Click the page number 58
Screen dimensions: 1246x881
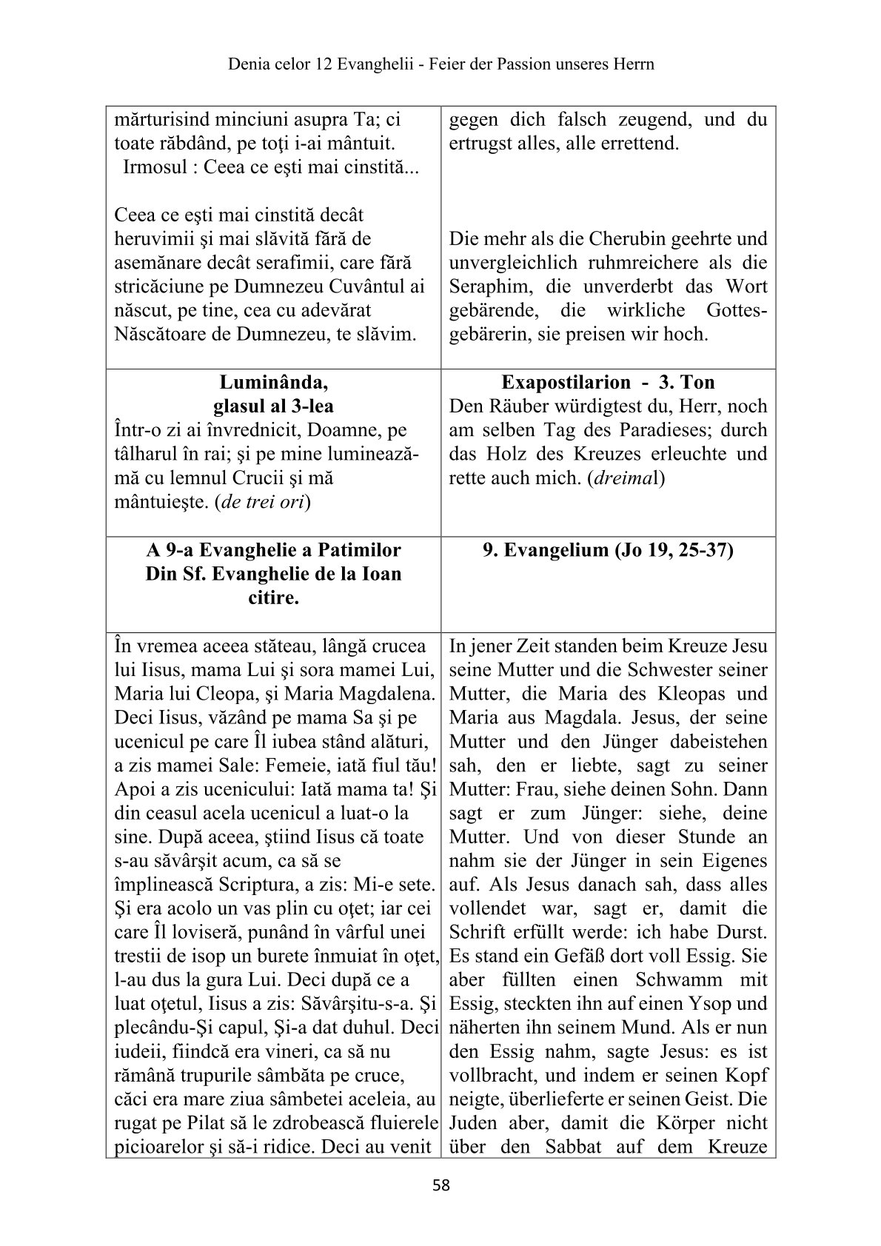coord(440,1185)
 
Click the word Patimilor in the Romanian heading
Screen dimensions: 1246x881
coord(360,550)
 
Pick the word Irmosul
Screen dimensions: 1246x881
coord(153,167)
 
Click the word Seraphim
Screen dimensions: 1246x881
coord(481,287)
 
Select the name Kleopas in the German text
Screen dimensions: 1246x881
coord(689,694)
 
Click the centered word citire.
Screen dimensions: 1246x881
coord(273,597)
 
